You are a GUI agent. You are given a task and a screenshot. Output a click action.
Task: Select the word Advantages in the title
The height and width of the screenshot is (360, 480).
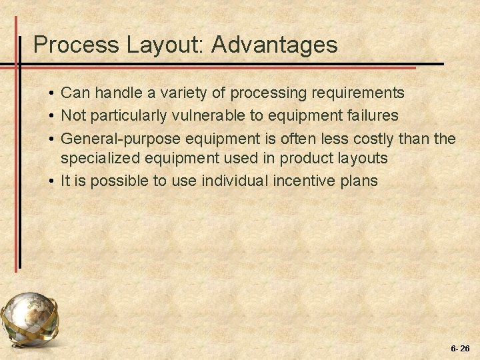coord(275,45)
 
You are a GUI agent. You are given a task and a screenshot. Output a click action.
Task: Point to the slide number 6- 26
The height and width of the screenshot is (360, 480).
coord(460,348)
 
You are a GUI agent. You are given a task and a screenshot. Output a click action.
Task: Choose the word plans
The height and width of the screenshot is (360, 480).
coord(359,181)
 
